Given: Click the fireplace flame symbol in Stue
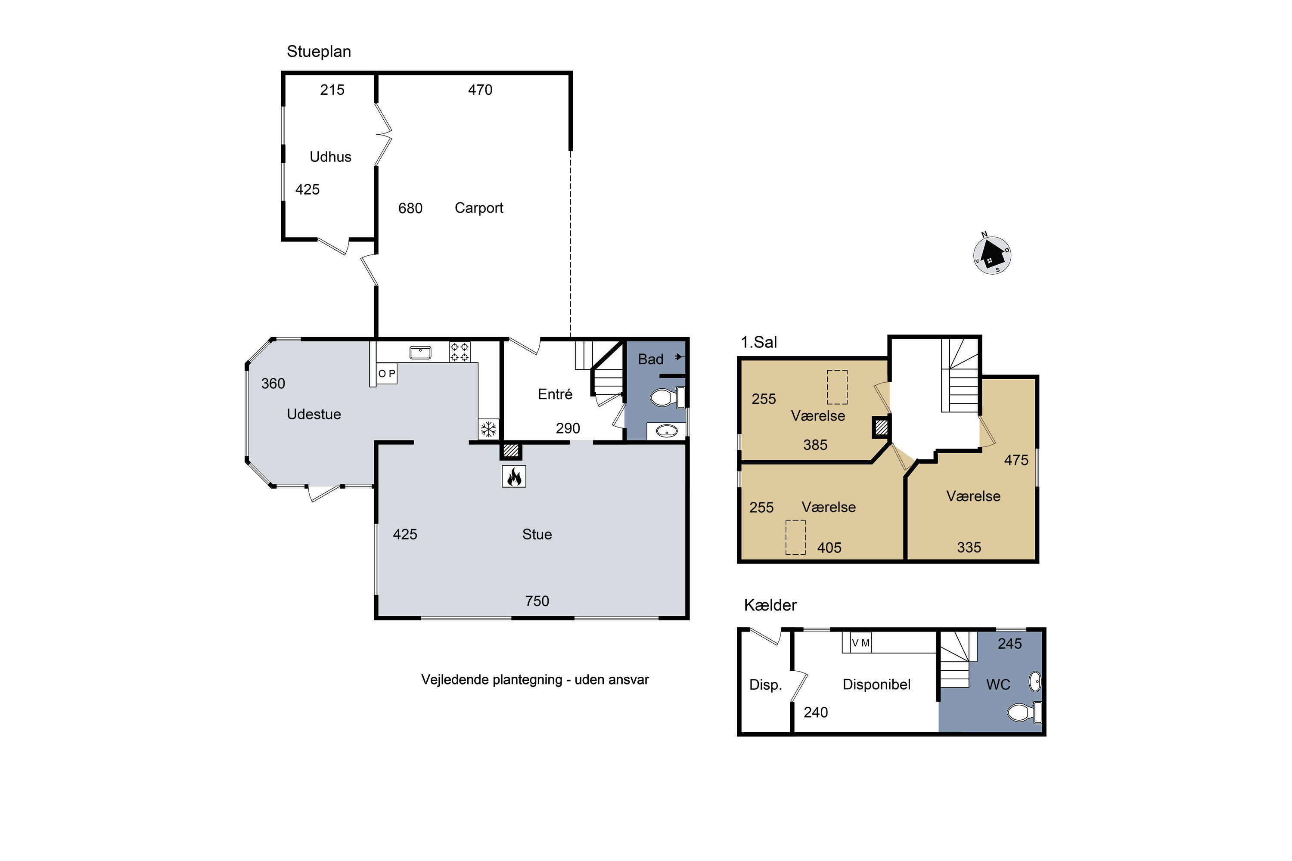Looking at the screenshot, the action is coord(514,476).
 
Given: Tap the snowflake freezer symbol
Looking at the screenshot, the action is coord(488,429).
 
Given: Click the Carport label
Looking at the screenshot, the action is coord(478,208).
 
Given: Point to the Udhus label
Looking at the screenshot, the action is coord(330,157).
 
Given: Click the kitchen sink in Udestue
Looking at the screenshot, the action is coord(420,353).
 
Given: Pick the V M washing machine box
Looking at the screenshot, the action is coord(861,642).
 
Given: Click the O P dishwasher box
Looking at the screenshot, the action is coord(387,373).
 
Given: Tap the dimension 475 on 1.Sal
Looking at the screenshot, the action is coord(1016,460).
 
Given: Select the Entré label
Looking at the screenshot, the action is coord(555,394).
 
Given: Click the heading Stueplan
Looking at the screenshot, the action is coord(319,52).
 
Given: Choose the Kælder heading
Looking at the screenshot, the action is coord(770,605).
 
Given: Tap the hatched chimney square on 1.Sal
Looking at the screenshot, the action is coord(881,427).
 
